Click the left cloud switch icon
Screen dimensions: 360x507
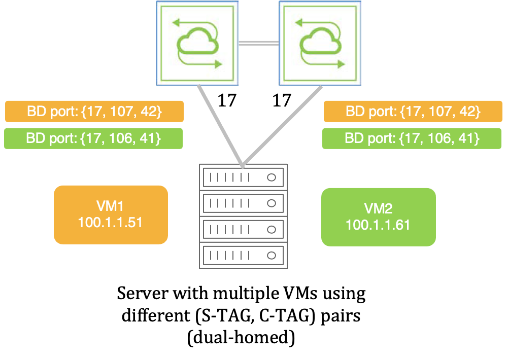(x=197, y=43)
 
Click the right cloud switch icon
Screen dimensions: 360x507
(x=320, y=43)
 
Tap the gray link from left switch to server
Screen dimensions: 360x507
(x=219, y=124)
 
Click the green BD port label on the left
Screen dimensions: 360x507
(x=94, y=138)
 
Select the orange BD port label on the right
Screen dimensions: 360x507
(x=413, y=112)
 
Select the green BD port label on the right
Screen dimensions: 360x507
(x=413, y=138)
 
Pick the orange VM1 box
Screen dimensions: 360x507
(x=111, y=215)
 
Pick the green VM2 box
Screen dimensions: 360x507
(x=378, y=217)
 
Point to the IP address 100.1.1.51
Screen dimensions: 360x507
(x=111, y=223)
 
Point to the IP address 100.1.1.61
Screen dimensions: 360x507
(x=378, y=225)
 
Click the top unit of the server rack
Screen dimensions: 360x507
(x=243, y=177)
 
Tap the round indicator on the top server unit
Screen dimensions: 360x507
(x=272, y=177)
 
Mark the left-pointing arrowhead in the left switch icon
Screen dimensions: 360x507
(x=176, y=22)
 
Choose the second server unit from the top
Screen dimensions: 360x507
(x=243, y=203)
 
